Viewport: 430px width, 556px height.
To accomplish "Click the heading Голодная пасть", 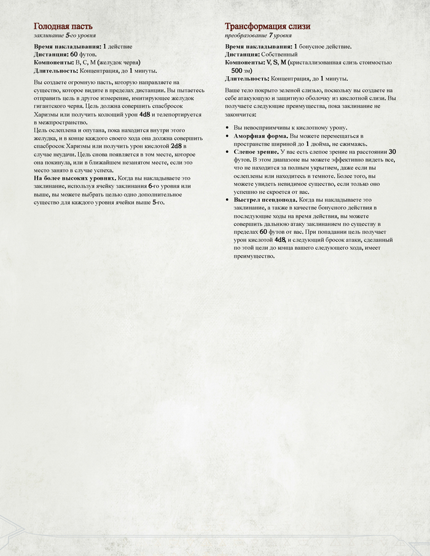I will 63,26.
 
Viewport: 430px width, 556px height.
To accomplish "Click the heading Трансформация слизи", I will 267,26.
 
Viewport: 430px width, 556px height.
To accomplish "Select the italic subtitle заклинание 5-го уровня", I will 64,36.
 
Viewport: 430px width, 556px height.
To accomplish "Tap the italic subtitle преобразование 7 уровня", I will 258,36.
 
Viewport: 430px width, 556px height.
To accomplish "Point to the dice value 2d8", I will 176,146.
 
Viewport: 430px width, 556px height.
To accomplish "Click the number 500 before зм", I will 241,71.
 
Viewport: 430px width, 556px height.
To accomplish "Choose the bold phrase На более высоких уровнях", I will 74,178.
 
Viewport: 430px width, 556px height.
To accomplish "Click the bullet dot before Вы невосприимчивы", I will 227,127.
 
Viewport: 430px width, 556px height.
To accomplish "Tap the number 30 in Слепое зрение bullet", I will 392,151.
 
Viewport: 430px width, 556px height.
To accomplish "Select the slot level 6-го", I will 154,186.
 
